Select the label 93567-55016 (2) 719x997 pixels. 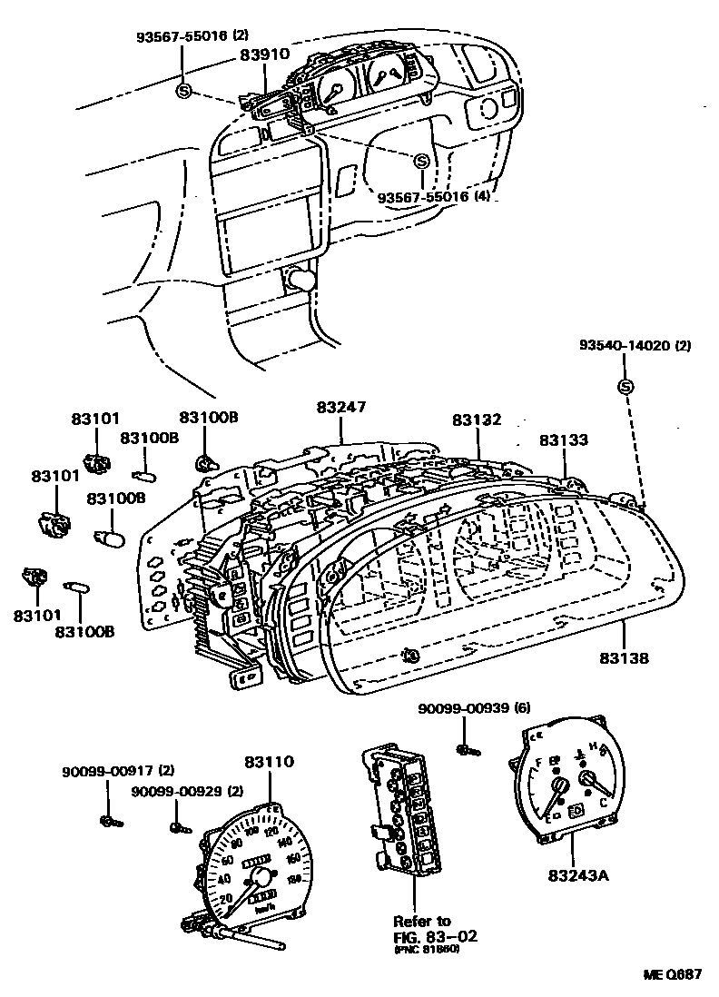tap(192, 36)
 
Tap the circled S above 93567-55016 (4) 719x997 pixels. tap(420, 161)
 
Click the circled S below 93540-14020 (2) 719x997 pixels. tap(625, 387)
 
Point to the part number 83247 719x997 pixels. tap(340, 408)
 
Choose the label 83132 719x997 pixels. tap(477, 420)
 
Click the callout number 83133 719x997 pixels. tap(564, 439)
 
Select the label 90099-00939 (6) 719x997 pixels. tap(474, 708)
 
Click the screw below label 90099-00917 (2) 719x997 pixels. tap(109, 822)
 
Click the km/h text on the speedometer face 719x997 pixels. tap(265, 908)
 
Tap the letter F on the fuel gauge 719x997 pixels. tap(542, 763)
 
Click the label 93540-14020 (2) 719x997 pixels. tap(636, 346)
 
